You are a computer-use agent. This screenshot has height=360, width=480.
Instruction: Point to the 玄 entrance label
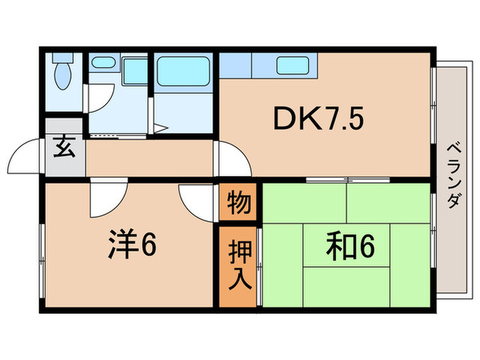point(64,148)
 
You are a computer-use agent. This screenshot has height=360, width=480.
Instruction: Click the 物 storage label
point(239,204)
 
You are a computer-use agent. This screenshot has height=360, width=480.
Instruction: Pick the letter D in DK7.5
point(282,121)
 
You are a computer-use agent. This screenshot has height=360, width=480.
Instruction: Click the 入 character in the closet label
point(239,278)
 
